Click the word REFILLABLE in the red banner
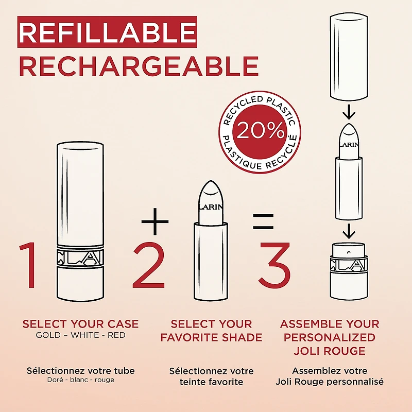point(108,32)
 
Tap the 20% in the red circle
point(261,131)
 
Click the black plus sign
point(155,221)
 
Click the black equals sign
point(263,221)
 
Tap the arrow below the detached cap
point(349,112)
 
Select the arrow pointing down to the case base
point(349,231)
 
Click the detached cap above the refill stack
point(349,58)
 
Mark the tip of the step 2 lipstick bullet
point(211,181)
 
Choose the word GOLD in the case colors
point(48,335)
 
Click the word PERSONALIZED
point(330,338)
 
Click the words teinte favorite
point(211,382)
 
